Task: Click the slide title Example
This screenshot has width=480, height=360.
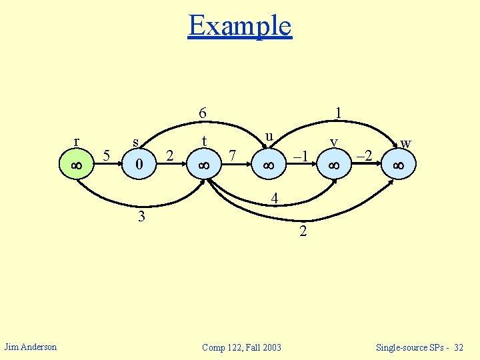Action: (240, 25)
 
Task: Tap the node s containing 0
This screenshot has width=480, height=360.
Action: (139, 164)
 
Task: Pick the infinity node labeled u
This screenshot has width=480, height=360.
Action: (269, 164)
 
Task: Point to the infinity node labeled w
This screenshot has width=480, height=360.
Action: (399, 164)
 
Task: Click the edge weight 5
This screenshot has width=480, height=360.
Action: (107, 156)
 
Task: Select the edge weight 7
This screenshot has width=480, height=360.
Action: (232, 156)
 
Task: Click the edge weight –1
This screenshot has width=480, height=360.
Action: (301, 156)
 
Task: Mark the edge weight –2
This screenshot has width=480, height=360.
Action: (365, 156)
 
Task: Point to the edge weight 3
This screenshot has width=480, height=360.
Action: (141, 217)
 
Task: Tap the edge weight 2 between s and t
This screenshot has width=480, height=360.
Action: (169, 156)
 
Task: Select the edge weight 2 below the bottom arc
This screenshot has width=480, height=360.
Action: (303, 232)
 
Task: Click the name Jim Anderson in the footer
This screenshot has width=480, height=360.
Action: (31, 346)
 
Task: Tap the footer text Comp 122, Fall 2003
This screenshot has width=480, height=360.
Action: (241, 347)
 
